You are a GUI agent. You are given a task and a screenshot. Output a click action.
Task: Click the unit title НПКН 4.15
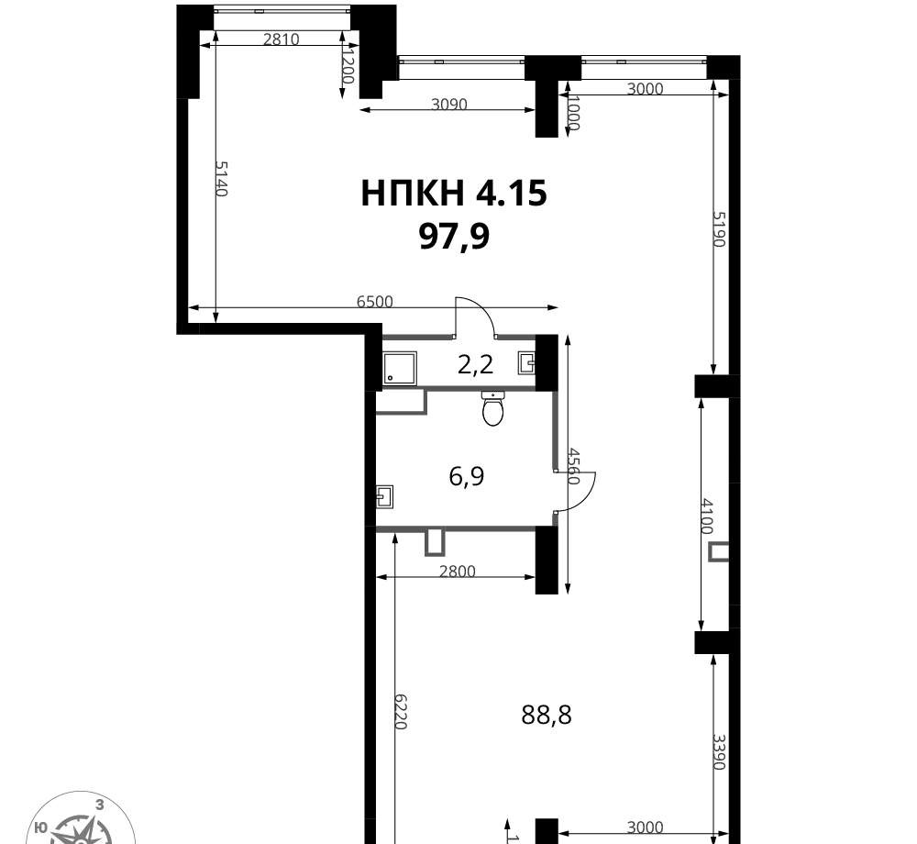click(454, 194)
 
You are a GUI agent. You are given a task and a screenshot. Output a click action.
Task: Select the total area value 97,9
click(455, 238)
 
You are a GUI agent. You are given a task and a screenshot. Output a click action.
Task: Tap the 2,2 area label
click(475, 365)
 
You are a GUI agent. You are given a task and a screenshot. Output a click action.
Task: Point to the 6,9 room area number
click(467, 476)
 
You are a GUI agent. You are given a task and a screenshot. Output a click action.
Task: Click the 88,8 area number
click(547, 715)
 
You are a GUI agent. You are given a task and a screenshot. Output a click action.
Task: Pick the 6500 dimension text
click(375, 302)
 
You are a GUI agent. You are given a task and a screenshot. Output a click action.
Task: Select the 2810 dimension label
click(282, 39)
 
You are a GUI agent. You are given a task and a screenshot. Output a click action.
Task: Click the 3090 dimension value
click(449, 104)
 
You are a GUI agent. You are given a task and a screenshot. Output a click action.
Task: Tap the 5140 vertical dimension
click(220, 179)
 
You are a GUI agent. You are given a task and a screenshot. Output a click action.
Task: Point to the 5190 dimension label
click(719, 228)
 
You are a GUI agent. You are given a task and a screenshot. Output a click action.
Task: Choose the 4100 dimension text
click(708, 516)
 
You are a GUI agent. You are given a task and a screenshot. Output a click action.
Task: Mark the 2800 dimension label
click(458, 571)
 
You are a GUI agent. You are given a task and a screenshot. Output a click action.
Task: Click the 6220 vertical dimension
click(400, 711)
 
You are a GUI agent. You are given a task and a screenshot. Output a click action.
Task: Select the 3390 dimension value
click(719, 752)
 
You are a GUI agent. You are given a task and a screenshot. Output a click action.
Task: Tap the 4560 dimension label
click(573, 466)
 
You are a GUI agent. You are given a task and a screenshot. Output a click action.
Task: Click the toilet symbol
click(493, 407)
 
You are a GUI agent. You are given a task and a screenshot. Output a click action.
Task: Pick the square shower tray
click(400, 368)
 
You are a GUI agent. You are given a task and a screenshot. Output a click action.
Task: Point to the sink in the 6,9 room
click(385, 496)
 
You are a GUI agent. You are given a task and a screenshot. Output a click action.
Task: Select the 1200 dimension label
click(348, 66)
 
